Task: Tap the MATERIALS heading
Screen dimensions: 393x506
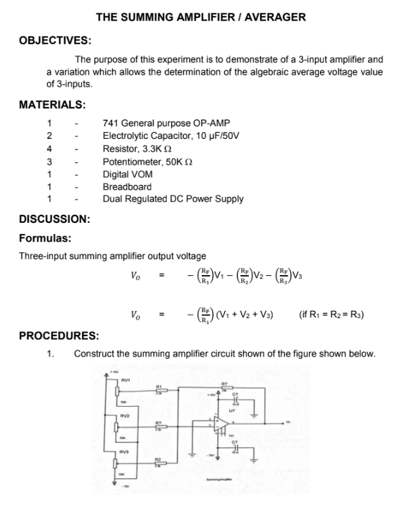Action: [52, 105]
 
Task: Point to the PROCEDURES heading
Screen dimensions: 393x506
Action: [59, 335]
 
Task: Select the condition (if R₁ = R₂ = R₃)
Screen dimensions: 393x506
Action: [331, 314]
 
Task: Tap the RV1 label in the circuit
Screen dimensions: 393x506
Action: [124, 380]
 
